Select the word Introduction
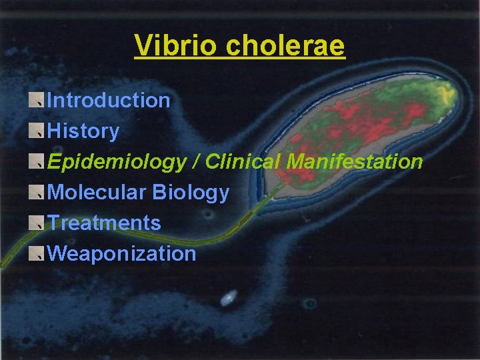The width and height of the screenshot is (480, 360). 109,101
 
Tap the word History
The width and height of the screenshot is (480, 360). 83,131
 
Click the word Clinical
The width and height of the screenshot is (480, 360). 243,162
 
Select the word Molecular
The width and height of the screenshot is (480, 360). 97,193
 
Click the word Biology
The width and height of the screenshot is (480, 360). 191,193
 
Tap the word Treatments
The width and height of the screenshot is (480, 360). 105,223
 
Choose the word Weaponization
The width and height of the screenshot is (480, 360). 122,253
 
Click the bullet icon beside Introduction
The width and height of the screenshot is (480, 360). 38,100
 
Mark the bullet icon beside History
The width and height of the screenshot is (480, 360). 38,131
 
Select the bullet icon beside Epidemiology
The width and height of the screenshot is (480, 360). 38,161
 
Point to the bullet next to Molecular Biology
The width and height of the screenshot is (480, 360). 38,192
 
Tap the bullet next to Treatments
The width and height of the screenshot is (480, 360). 38,223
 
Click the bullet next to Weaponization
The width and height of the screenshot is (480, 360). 38,253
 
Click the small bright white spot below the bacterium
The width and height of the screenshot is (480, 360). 229,298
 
